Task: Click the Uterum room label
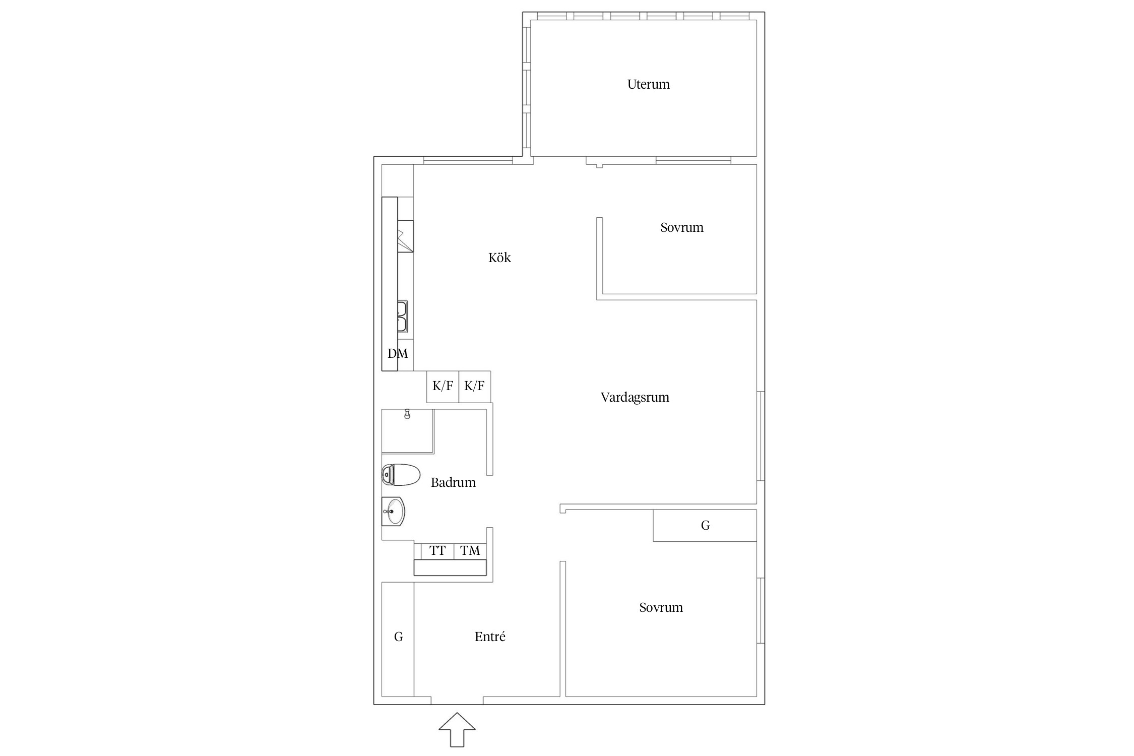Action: [x=648, y=84]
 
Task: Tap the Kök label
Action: [x=499, y=258]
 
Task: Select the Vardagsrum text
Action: [x=635, y=398]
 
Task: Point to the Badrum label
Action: [x=453, y=482]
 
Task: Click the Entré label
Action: [x=490, y=637]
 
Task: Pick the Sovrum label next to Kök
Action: [x=681, y=227]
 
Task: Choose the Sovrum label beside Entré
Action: [x=661, y=607]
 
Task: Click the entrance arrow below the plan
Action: [x=457, y=729]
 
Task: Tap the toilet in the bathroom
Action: [x=401, y=475]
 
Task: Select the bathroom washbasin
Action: [x=393, y=511]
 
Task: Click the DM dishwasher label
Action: [x=398, y=354]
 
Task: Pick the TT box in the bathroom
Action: [x=437, y=551]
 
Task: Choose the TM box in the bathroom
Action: [x=470, y=551]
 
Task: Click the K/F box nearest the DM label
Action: [x=443, y=387]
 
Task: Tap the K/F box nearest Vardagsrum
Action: [x=474, y=387]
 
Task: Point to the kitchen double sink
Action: [x=402, y=317]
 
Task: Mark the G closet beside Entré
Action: [x=398, y=639]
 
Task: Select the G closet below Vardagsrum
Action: [x=705, y=526]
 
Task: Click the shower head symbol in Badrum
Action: [x=407, y=414]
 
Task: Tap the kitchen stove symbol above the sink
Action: [x=405, y=236]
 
